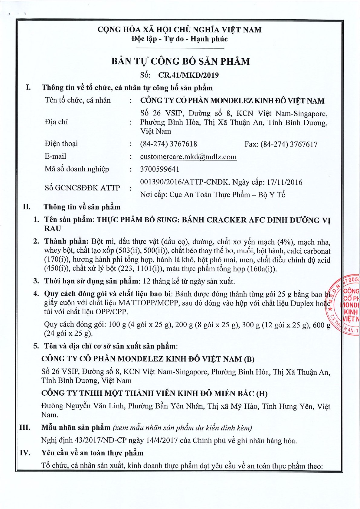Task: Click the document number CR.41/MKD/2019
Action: [x=188, y=75]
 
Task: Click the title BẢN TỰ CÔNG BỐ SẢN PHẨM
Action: [x=180, y=61]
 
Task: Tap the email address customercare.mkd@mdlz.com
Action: [x=188, y=157]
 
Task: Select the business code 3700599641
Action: [x=159, y=169]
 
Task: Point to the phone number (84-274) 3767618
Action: [x=168, y=144]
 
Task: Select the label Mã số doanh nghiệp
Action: [x=77, y=169]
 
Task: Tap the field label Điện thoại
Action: [x=61, y=144]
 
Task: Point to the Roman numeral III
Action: [x=25, y=427]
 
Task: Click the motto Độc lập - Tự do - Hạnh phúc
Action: [x=179, y=39]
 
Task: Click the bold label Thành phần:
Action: [x=66, y=242]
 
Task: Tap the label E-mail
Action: [x=55, y=156]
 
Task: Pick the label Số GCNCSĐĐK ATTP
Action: [x=82, y=188]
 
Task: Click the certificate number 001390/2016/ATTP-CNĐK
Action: [x=185, y=182]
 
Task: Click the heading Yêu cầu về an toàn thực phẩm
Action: [x=92, y=453]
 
